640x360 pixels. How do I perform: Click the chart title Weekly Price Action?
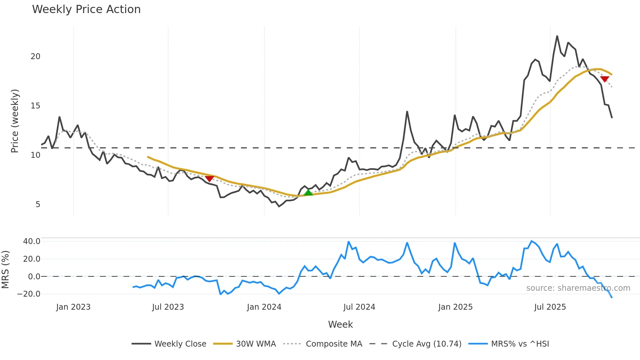pyautogui.click(x=86, y=9)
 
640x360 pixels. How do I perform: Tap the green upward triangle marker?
pyautogui.click(x=308, y=193)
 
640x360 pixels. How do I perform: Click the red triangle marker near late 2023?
pyautogui.click(x=209, y=179)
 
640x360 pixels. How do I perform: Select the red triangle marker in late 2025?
pyautogui.click(x=604, y=79)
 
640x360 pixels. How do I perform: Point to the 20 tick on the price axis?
pyautogui.click(x=36, y=57)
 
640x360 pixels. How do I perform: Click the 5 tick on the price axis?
pyautogui.click(x=38, y=205)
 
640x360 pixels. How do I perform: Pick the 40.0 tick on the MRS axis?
pyautogui.click(x=32, y=241)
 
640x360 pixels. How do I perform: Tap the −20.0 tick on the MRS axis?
pyautogui.click(x=29, y=294)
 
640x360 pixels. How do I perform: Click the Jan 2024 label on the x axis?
pyautogui.click(x=264, y=307)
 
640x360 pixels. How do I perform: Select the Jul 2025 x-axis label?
pyautogui.click(x=550, y=307)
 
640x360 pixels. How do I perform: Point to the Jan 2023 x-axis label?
pyautogui.click(x=73, y=307)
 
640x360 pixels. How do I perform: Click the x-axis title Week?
pyautogui.click(x=340, y=324)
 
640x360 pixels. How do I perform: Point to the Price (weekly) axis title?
pyautogui.click(x=15, y=121)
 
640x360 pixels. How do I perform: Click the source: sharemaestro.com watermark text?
pyautogui.click(x=578, y=288)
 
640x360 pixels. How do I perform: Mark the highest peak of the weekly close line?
pyautogui.click(x=557, y=36)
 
